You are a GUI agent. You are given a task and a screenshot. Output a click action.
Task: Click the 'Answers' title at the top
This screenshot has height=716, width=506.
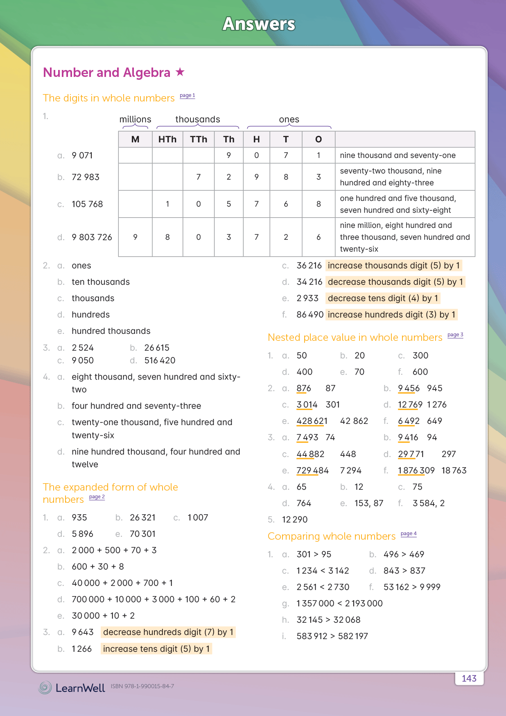[259, 24]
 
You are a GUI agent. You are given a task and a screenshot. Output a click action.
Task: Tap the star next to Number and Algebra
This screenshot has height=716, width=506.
[180, 72]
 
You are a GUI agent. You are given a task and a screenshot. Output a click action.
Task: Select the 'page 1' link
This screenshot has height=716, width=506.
[187, 96]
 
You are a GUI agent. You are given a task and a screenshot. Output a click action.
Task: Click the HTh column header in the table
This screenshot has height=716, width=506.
[167, 140]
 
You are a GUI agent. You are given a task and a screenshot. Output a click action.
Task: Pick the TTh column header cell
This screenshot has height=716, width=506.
[199, 140]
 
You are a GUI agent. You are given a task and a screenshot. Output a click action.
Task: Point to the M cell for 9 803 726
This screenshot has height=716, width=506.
[135, 237]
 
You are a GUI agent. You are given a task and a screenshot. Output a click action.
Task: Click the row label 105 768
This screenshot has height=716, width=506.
[87, 204]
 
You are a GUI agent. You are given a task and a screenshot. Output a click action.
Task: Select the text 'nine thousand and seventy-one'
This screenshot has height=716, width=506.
[398, 155]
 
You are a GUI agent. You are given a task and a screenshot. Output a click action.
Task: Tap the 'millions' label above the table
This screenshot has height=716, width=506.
[135, 119]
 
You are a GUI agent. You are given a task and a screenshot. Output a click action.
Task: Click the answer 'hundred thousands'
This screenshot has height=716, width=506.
[111, 331]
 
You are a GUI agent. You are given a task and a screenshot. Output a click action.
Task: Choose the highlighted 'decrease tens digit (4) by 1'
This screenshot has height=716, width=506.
[383, 298]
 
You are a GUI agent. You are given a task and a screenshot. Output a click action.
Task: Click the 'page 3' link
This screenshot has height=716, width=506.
[455, 335]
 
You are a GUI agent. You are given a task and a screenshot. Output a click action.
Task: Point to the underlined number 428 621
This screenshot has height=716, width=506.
[312, 421]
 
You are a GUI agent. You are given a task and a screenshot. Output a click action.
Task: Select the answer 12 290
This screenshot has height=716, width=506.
[295, 520]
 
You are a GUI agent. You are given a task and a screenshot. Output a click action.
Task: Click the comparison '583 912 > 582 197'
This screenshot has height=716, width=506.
[332, 636]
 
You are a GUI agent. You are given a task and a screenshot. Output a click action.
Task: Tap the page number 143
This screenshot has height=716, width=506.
[469, 678]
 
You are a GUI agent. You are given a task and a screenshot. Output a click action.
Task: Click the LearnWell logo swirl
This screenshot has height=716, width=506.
[45, 687]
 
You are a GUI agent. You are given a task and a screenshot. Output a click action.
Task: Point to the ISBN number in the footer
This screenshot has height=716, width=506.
[142, 686]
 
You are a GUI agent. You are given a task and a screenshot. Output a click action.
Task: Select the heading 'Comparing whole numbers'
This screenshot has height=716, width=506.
[332, 536]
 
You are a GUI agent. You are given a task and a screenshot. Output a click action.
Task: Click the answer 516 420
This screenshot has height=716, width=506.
[160, 360]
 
